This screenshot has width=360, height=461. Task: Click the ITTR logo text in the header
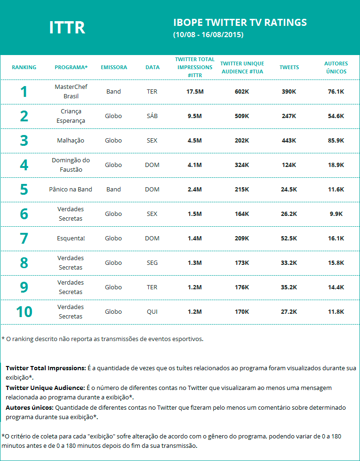click(x=67, y=28)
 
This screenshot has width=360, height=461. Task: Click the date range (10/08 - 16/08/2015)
click(x=208, y=35)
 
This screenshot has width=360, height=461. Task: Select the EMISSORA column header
click(x=114, y=67)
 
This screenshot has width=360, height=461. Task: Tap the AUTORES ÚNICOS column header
click(x=336, y=67)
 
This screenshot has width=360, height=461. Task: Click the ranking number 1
click(x=24, y=92)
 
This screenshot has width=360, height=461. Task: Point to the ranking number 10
click(x=24, y=312)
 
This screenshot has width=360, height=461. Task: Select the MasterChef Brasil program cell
click(x=71, y=92)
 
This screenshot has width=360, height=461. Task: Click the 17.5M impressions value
click(x=194, y=92)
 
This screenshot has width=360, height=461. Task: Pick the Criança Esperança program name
click(x=71, y=116)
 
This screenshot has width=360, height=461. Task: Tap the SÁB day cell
click(x=152, y=116)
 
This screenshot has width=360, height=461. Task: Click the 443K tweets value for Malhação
click(x=288, y=141)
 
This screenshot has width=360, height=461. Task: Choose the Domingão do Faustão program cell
click(x=71, y=165)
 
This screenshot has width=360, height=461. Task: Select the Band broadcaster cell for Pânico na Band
click(x=113, y=190)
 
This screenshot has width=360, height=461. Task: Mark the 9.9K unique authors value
click(x=336, y=214)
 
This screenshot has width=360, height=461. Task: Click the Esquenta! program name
click(x=71, y=238)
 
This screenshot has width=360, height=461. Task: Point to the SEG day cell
click(x=152, y=263)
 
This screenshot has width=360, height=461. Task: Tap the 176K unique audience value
click(x=241, y=287)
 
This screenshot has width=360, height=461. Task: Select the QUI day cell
click(x=152, y=312)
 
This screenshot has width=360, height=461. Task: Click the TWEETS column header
click(x=289, y=67)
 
